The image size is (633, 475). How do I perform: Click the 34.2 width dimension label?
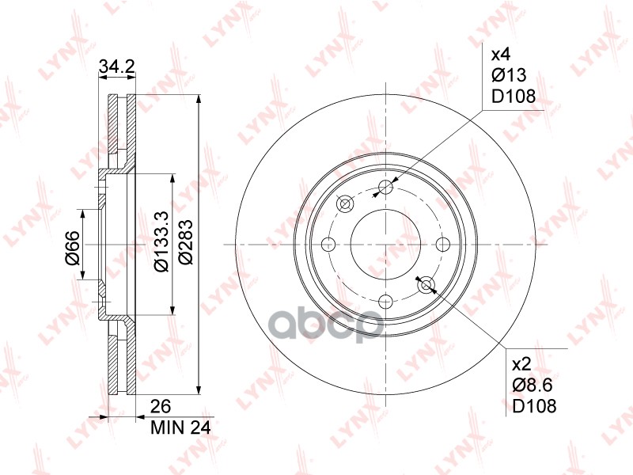116,68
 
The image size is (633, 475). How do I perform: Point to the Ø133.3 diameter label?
160,245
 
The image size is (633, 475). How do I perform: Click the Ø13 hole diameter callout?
509,75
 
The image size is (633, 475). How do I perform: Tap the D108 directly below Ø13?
514,96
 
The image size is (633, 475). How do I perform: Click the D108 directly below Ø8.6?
535,406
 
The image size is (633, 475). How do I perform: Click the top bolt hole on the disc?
386,187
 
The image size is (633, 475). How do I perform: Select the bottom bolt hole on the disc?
386,301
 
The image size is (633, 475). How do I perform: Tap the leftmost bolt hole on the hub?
329,244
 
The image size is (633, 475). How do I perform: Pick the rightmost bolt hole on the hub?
443,244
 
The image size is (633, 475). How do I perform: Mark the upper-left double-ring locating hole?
345,204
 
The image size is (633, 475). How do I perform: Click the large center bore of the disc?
386,244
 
